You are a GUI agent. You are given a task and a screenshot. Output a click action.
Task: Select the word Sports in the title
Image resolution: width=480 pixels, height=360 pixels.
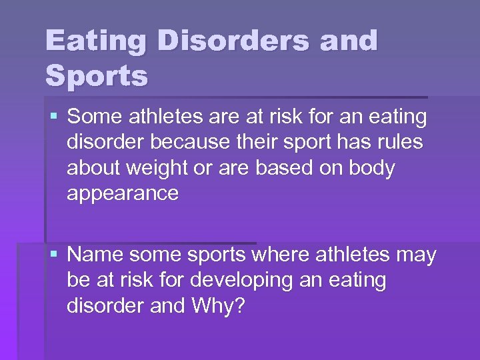(97, 76)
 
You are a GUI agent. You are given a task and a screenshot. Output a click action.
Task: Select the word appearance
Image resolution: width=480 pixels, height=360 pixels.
(123, 194)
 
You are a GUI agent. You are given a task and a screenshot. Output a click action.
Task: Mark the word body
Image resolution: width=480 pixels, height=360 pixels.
(373, 169)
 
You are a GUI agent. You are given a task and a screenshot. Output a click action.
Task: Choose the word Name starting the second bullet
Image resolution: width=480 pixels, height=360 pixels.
(97, 255)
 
